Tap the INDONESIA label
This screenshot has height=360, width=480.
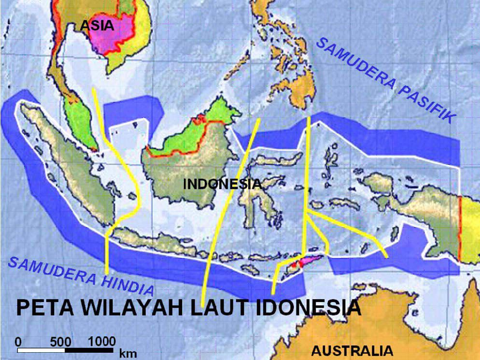222,184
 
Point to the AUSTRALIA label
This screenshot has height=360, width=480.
352,350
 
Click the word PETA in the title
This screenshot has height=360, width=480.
43,308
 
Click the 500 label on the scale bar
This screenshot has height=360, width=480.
61,340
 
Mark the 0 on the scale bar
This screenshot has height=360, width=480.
18,340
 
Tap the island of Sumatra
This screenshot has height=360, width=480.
80,179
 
